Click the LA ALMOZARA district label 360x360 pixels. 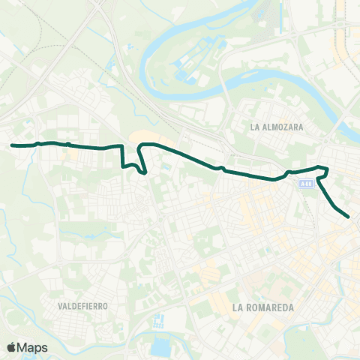(277, 127)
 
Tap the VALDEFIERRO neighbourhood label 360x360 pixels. (83, 306)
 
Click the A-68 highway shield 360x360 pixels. (304, 182)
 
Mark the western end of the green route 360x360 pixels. (12, 145)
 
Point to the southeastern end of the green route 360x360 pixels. (349, 217)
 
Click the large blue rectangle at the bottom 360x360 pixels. (160, 349)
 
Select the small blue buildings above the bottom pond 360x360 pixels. (158, 323)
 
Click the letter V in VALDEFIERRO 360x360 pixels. (60, 306)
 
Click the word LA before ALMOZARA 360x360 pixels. (256, 127)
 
